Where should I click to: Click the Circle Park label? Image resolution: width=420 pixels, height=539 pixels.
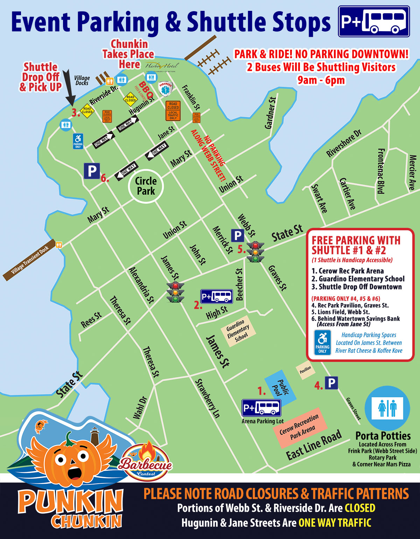(146, 186)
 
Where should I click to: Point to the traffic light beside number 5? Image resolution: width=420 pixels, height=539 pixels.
(255, 252)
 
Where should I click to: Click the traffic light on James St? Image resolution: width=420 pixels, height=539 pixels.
(175, 292)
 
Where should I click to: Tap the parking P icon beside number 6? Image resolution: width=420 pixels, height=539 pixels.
(92, 171)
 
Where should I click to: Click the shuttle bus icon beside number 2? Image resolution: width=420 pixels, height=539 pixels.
(216, 296)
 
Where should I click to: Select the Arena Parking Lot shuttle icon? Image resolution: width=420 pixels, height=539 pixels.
(261, 408)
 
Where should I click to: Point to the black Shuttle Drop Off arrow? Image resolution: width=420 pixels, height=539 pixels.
(69, 89)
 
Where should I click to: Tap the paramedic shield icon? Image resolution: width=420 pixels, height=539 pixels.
(165, 89)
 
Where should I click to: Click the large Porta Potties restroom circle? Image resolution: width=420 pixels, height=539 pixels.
(387, 408)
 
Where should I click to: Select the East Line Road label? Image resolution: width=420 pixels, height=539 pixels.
(314, 445)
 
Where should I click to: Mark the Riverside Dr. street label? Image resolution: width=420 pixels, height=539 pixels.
(104, 95)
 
